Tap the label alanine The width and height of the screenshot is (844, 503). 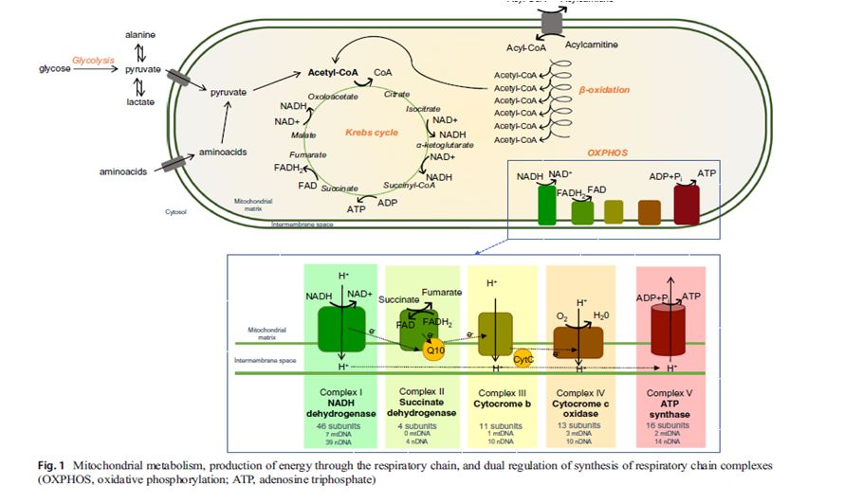pyautogui.click(x=140, y=34)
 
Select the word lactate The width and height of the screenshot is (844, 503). pyautogui.click(x=140, y=102)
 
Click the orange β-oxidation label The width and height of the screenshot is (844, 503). pyautogui.click(x=604, y=90)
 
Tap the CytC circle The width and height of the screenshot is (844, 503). pyautogui.click(x=523, y=359)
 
